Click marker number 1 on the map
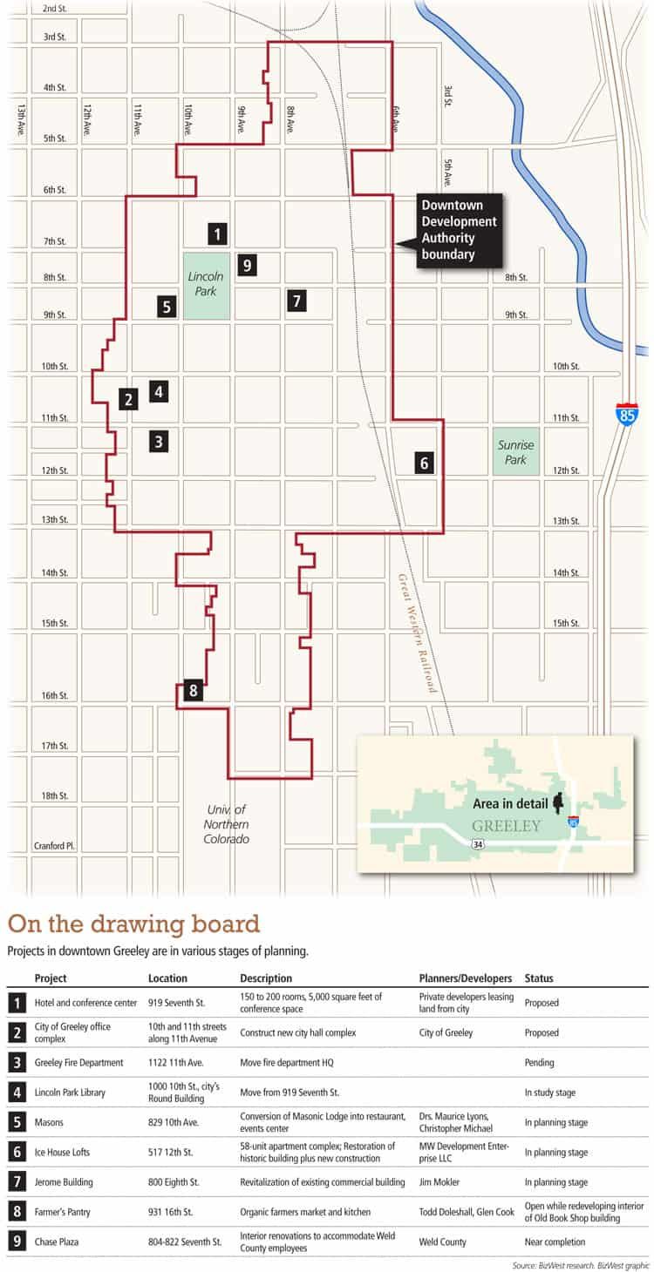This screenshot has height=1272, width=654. pyautogui.click(x=218, y=233)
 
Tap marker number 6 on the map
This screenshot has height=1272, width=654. pyautogui.click(x=425, y=463)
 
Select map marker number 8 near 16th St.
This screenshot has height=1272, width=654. pyautogui.click(x=194, y=692)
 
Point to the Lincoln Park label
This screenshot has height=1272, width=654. pyautogui.click(x=207, y=284)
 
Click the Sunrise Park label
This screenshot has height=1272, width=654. pyautogui.click(x=515, y=451)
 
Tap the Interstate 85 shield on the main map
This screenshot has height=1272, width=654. pyautogui.click(x=626, y=413)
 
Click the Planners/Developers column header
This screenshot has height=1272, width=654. pyautogui.click(x=465, y=978)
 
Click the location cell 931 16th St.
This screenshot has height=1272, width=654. pyautogui.click(x=175, y=1212)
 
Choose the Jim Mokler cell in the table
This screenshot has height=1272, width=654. pyautogui.click(x=444, y=1182)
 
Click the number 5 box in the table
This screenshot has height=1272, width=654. pyautogui.click(x=16, y=1122)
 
